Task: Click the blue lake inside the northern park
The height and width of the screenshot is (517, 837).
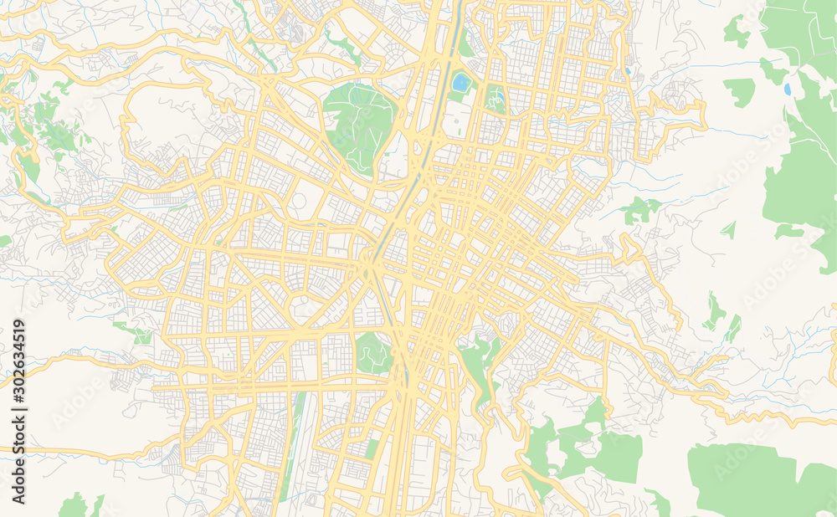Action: click(461, 82)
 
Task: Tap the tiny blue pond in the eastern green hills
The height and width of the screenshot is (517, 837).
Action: click(787, 89)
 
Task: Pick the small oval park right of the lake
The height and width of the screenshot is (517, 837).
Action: click(496, 99)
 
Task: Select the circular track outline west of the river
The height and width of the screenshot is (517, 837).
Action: click(299, 202)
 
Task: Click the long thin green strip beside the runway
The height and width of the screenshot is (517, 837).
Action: click(294, 443)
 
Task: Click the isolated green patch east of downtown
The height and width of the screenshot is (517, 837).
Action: click(640, 209)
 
